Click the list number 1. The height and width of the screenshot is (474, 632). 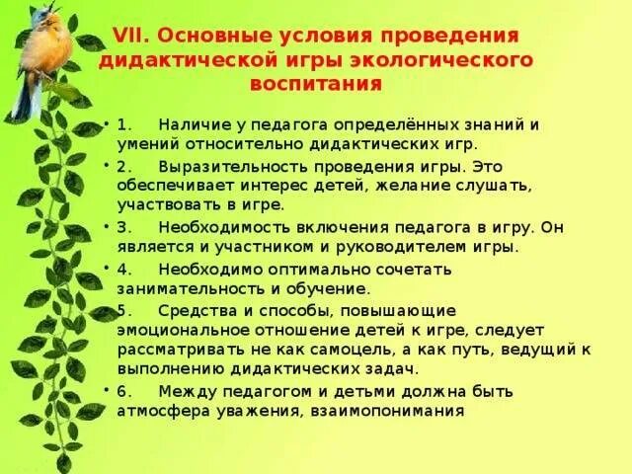coord(122,126)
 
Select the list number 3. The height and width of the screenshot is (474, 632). coord(122,226)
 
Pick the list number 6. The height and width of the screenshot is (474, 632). coord(122,390)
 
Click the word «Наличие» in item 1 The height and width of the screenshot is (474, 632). coord(193,126)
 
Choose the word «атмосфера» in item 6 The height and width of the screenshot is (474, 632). coord(156,411)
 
